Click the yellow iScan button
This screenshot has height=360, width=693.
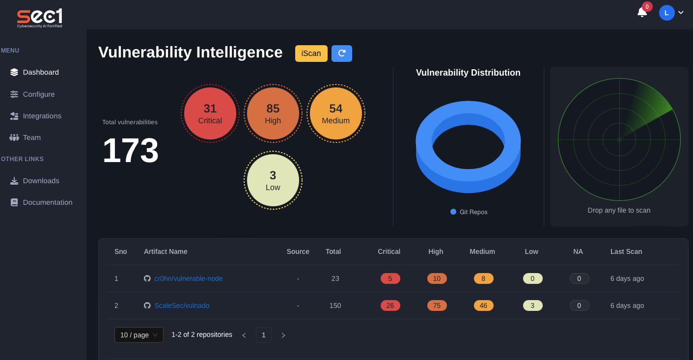[311, 54]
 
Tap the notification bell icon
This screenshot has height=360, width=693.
[642, 12]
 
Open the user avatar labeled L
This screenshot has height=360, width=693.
[666, 13]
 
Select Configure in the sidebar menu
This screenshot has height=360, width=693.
[39, 94]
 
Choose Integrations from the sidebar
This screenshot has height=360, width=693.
[42, 116]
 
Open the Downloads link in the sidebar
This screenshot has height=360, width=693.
[41, 181]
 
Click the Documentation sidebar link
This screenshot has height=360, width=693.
[47, 202]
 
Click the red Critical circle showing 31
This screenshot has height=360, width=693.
[210, 113]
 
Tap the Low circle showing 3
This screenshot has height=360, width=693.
[273, 180]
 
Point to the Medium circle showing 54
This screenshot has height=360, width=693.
[336, 113]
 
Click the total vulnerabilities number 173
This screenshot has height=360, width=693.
[131, 150]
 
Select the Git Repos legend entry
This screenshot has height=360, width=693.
[469, 212]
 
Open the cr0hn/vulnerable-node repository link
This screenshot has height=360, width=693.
[188, 278]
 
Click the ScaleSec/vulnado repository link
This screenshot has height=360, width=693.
[182, 305]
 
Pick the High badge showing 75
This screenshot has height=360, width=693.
[437, 305]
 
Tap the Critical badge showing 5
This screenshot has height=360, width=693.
[390, 278]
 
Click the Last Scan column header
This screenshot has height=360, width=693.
[626, 251]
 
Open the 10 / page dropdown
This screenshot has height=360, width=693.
[139, 335]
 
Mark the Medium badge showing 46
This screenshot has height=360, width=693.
[483, 305]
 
